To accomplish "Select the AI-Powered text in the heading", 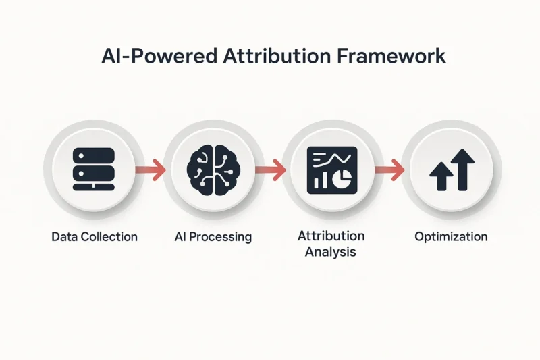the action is pos(159,56).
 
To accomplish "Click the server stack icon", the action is pos(94,169).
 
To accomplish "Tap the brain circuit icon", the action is pos(213,170).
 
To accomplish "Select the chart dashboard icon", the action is pos(332,170).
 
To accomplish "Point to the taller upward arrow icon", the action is pos(462,170).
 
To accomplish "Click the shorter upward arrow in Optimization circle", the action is pos(441,176).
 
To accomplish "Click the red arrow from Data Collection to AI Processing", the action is pos(151,170).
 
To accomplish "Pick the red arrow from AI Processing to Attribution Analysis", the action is pos(271,170).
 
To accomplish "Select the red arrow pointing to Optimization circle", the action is pos(389,170).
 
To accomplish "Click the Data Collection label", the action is pos(94,236).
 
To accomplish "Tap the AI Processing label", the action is pos(213,237).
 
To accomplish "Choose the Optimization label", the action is pos(451,237).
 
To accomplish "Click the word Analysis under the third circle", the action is pos(331,252).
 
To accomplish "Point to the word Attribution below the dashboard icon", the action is pos(331,236).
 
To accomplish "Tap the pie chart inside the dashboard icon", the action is pos(342,178).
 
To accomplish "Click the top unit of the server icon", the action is pos(94,156).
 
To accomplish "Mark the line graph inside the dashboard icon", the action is pos(332,159).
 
